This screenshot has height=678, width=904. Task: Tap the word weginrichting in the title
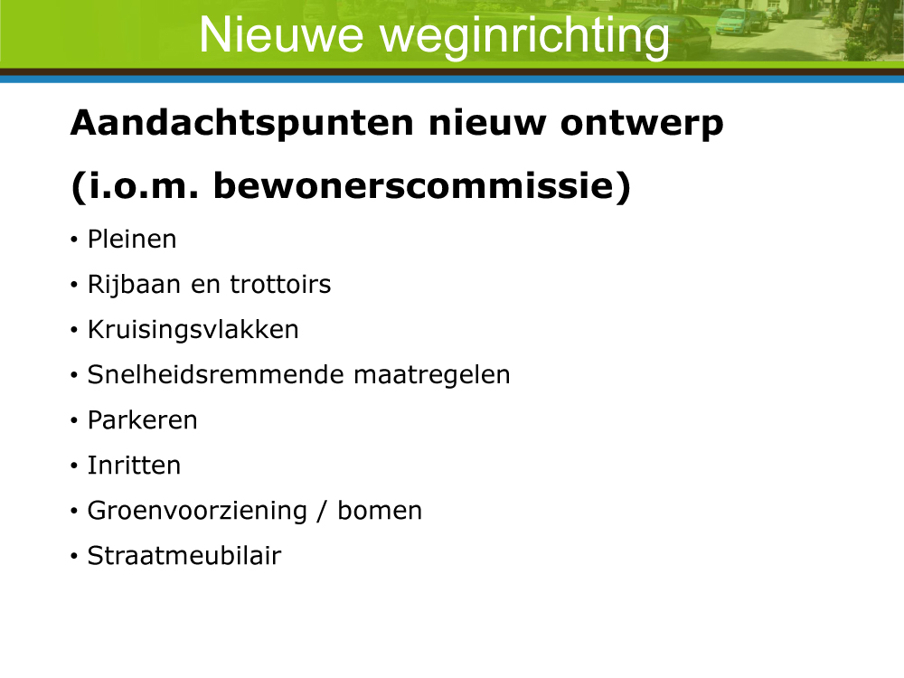click(x=524, y=37)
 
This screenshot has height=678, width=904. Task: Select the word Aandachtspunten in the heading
click(x=242, y=123)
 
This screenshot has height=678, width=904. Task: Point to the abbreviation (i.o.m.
click(x=135, y=186)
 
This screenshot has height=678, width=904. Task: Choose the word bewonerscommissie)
click(x=422, y=186)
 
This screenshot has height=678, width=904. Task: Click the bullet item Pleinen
click(x=132, y=239)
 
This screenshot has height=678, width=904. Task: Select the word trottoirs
click(x=280, y=284)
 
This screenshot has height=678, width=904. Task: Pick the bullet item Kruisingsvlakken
click(x=193, y=330)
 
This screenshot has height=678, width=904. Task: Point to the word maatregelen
click(x=432, y=376)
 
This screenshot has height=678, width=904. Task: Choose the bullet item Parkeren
click(x=143, y=420)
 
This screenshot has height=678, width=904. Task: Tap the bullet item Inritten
click(x=134, y=466)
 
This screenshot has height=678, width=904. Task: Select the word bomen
click(x=380, y=511)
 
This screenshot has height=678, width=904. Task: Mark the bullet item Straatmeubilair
click(x=184, y=556)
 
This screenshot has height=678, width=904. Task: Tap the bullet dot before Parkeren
click(x=74, y=421)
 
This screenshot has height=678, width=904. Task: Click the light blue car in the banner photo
click(x=733, y=22)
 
